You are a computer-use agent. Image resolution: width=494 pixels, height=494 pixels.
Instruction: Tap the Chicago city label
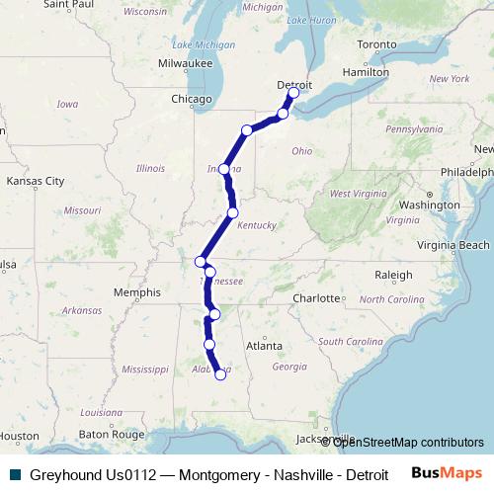(x=191, y=100)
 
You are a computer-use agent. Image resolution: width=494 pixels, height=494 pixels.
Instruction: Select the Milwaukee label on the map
(x=185, y=63)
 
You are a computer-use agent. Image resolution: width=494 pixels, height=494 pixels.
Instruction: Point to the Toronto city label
(x=376, y=45)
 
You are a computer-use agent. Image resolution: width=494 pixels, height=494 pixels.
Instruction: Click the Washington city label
(x=431, y=205)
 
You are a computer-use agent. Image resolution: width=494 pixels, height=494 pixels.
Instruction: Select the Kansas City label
(x=35, y=181)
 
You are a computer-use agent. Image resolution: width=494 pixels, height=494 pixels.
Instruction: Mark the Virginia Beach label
(x=453, y=245)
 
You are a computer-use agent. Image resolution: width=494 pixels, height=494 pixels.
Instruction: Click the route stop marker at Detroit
(x=293, y=94)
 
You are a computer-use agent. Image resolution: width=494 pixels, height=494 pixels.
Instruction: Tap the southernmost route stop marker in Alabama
(x=221, y=374)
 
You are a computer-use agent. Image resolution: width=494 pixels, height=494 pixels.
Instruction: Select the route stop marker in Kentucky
(x=233, y=212)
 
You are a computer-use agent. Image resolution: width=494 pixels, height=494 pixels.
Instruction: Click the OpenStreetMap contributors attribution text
(x=408, y=442)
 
